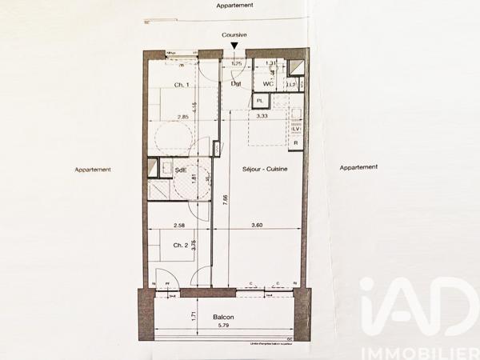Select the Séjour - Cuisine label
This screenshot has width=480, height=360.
[x=265, y=170]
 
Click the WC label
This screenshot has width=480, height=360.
[x=269, y=83]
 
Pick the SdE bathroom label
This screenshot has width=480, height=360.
[x=181, y=170]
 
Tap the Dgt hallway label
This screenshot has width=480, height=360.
[x=237, y=83]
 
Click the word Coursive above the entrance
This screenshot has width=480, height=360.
[x=234, y=35]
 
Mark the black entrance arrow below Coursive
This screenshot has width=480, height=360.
[x=234, y=46]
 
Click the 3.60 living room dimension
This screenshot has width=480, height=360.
[x=257, y=226]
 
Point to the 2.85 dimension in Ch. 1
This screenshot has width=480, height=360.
[x=183, y=118]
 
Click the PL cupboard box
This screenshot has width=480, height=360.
[x=260, y=101]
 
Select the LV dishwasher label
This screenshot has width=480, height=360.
[x=295, y=129]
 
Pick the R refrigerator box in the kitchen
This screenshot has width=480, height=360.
[x=296, y=143]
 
